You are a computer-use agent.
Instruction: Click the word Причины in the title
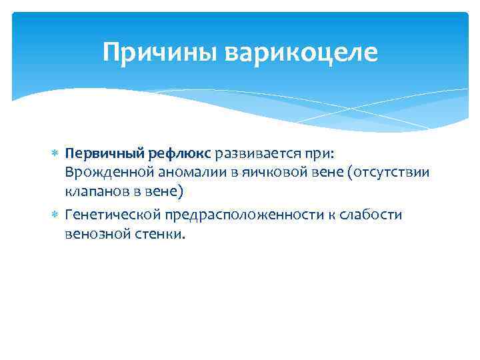161,51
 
